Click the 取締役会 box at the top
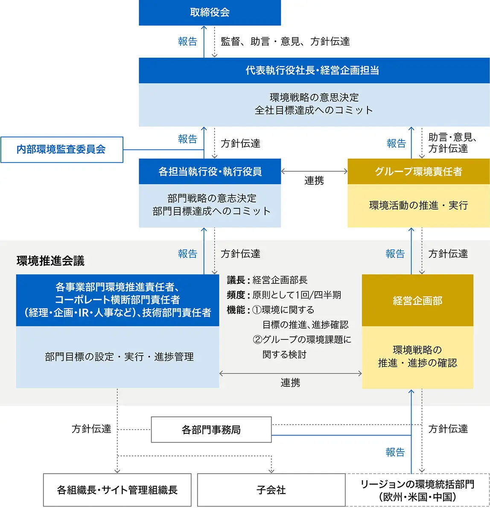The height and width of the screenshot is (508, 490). click(210, 12)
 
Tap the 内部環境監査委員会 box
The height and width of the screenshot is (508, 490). click(61, 149)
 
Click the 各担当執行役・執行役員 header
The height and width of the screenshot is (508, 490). click(210, 172)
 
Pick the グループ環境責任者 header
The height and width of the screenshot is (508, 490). click(418, 172)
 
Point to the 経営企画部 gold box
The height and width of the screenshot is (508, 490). click(417, 301)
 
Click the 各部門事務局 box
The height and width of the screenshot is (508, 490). click(211, 429)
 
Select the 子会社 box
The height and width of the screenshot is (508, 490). click(271, 490)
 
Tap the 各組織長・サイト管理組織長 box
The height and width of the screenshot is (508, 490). click(117, 490)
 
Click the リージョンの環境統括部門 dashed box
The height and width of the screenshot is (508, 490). click(417, 490)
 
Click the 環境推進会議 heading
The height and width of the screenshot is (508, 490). click(50, 261)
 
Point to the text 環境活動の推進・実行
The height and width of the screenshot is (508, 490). click(418, 206)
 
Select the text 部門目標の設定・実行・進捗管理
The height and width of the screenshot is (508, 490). click(119, 357)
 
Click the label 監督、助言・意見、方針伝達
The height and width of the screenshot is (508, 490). click(285, 41)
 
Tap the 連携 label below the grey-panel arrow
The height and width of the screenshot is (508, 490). click(290, 382)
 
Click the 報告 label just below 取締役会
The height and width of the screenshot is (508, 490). click(187, 41)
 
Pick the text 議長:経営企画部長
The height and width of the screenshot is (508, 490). click(267, 280)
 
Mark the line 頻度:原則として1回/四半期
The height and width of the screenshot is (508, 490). click(284, 295)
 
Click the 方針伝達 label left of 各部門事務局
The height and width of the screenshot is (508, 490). click(91, 429)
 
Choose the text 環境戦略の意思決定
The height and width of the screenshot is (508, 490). click(314, 97)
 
